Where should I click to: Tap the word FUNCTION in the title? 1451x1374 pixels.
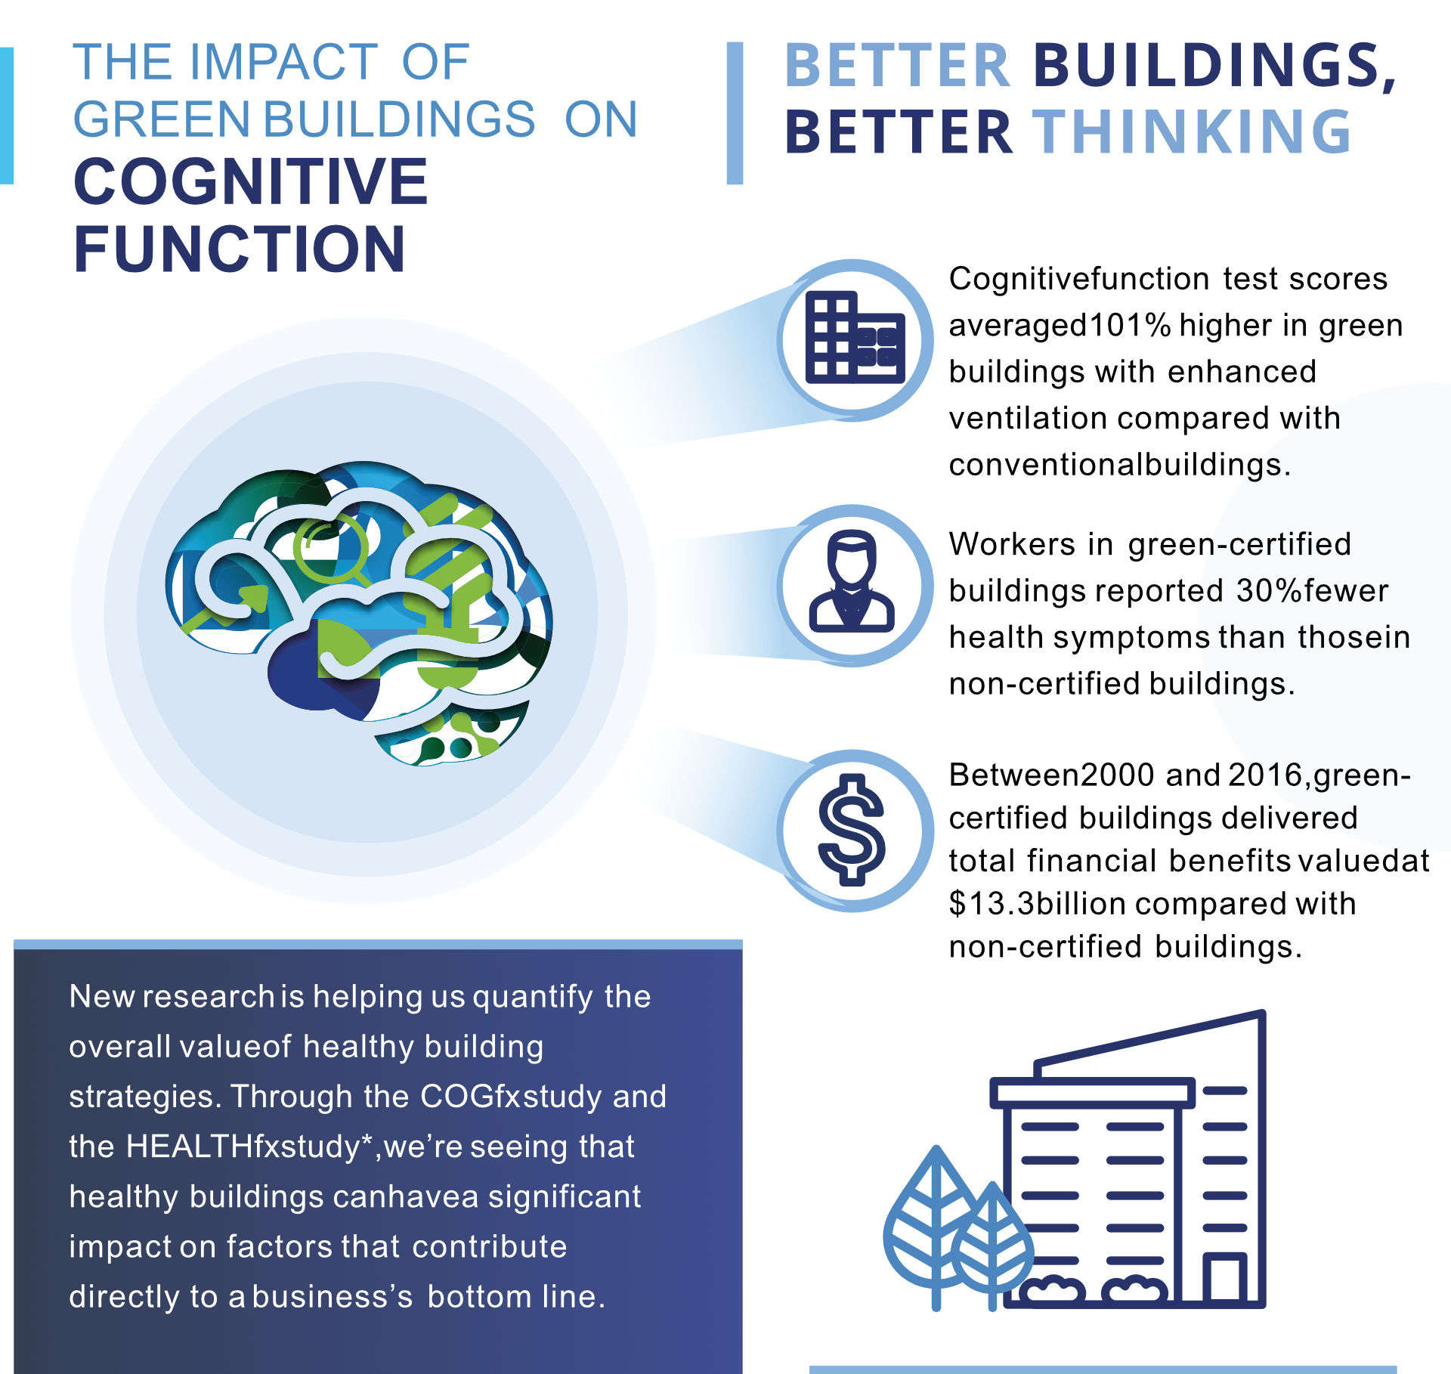tap(240, 249)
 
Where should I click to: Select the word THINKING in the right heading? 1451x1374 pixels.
tap(1192, 132)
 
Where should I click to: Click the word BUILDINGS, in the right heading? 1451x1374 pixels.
tap(1214, 66)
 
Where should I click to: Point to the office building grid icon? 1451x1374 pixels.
tap(855, 337)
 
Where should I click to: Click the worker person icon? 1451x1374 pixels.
tap(852, 580)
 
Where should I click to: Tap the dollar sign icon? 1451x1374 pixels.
tap(852, 829)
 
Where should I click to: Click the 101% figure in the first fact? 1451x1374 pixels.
tap(1129, 326)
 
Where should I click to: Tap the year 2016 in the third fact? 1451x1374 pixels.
tap(1266, 775)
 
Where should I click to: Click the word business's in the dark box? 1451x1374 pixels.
tap(333, 1297)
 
